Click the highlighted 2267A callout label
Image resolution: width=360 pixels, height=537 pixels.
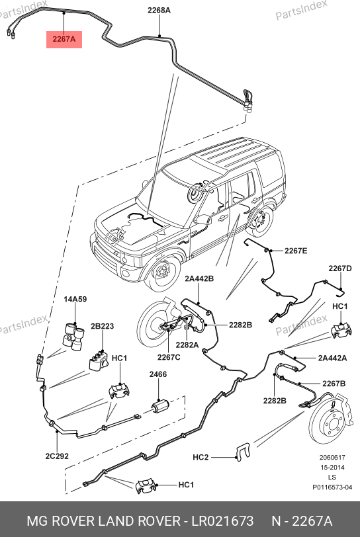pyautogui.click(x=64, y=39)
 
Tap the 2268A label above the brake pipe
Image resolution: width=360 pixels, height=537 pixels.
pyautogui.click(x=159, y=11)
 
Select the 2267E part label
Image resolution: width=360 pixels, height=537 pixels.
pyautogui.click(x=296, y=251)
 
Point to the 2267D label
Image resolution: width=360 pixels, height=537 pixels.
pyautogui.click(x=340, y=268)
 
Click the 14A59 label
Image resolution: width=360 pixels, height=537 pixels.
pyautogui.click(x=75, y=299)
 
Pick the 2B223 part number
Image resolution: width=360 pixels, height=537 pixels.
pyautogui.click(x=102, y=326)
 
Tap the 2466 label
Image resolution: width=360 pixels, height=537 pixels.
pyautogui.click(x=158, y=374)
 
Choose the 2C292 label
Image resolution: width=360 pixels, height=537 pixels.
pyautogui.click(x=57, y=456)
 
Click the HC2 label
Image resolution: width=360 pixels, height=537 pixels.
pyautogui.click(x=201, y=457)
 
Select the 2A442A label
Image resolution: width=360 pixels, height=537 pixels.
pyautogui.click(x=332, y=358)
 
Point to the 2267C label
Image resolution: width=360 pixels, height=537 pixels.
pyautogui.click(x=169, y=357)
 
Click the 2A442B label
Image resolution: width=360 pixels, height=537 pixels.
pyautogui.click(x=199, y=279)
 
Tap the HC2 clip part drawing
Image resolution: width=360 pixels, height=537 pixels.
pyautogui.click(x=243, y=452)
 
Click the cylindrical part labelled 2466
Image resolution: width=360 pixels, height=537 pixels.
pyautogui.click(x=160, y=407)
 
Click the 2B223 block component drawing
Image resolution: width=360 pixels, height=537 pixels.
pyautogui.click(x=99, y=361)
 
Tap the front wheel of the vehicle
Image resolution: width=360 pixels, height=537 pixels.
pyautogui.click(x=163, y=273)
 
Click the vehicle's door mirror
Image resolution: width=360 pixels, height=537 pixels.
pyautogui.click(x=202, y=220)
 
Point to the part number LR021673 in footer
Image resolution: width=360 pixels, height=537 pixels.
pyautogui.click(x=222, y=521)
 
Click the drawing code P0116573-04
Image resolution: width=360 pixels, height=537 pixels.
pyautogui.click(x=332, y=487)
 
